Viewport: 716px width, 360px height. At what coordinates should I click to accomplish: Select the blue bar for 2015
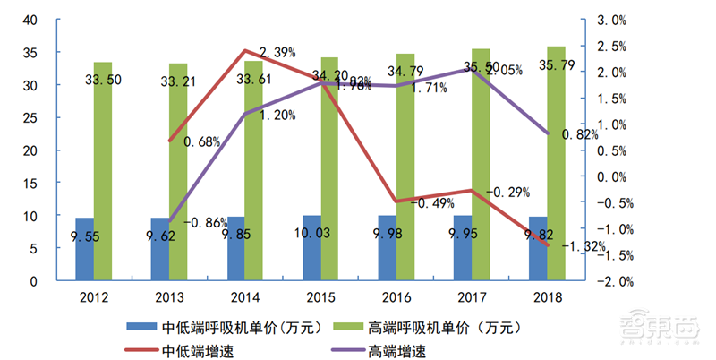pos(311,247)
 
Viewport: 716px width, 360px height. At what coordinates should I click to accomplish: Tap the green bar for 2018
pos(557,163)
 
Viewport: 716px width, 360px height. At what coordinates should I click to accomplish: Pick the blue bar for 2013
pos(160,249)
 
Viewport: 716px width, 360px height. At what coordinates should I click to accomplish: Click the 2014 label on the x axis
pos(245,295)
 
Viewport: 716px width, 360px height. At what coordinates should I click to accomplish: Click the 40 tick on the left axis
pos(30,20)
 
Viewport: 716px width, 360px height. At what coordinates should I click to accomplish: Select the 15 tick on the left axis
pos(30,184)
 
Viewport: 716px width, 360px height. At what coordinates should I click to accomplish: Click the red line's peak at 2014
pos(245,51)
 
